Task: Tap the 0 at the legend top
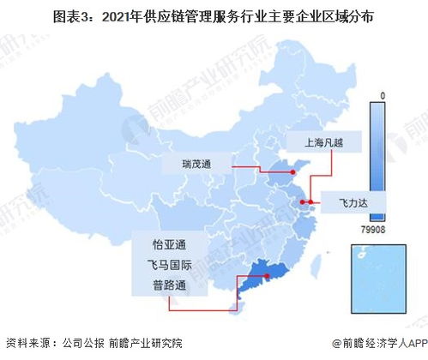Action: pyautogui.click(x=385, y=95)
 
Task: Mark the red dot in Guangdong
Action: pyautogui.click(x=267, y=276)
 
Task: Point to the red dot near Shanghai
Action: pyautogui.click(x=307, y=202)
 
